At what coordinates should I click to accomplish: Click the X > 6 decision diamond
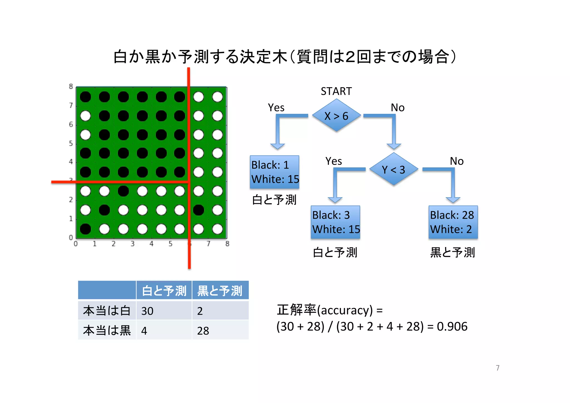tap(336, 116)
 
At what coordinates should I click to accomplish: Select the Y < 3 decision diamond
tap(394, 169)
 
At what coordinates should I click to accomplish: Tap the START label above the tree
tap(336, 91)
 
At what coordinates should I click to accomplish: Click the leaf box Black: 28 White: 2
tap(453, 222)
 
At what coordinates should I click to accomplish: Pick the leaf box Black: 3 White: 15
tap(335, 222)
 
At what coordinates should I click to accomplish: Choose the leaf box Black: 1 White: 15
tap(274, 172)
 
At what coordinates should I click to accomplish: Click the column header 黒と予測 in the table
tap(220, 291)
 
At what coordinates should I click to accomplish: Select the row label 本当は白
tap(107, 311)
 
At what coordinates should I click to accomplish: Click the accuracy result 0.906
tap(452, 326)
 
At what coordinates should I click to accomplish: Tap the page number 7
tap(498, 368)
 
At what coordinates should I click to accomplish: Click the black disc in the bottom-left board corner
tap(85, 229)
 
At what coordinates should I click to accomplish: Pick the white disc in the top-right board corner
tap(217, 97)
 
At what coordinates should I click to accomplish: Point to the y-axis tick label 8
tap(71, 87)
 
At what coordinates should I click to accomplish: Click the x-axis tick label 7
tap(208, 244)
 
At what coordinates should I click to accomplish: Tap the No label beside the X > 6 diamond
tap(397, 108)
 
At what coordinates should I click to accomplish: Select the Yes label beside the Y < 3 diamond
tap(333, 161)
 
